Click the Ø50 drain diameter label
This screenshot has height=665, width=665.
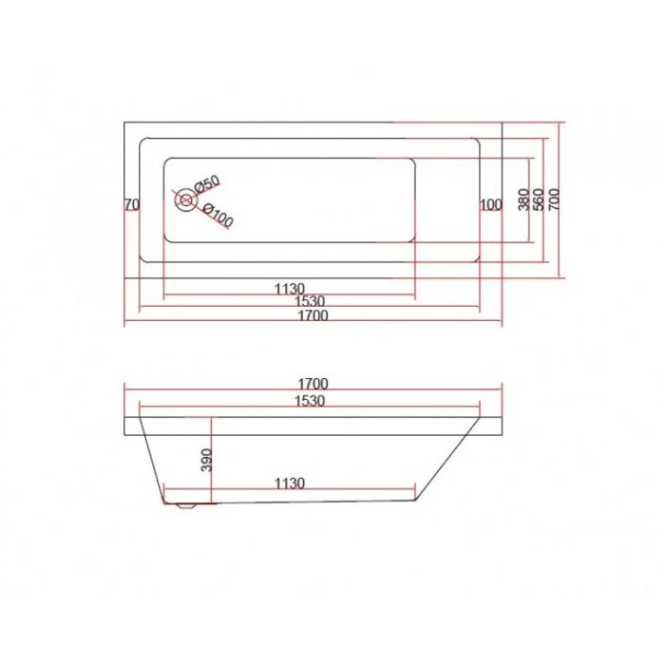207,183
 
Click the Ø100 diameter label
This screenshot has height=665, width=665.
218,215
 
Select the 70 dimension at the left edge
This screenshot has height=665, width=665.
131,205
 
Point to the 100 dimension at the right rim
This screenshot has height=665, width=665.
491,205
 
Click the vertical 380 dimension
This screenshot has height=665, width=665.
524,199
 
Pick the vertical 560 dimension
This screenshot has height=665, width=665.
539,199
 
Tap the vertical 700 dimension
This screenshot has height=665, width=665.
554,199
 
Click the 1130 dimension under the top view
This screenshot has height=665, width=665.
290,289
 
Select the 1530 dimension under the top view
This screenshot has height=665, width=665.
310,301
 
